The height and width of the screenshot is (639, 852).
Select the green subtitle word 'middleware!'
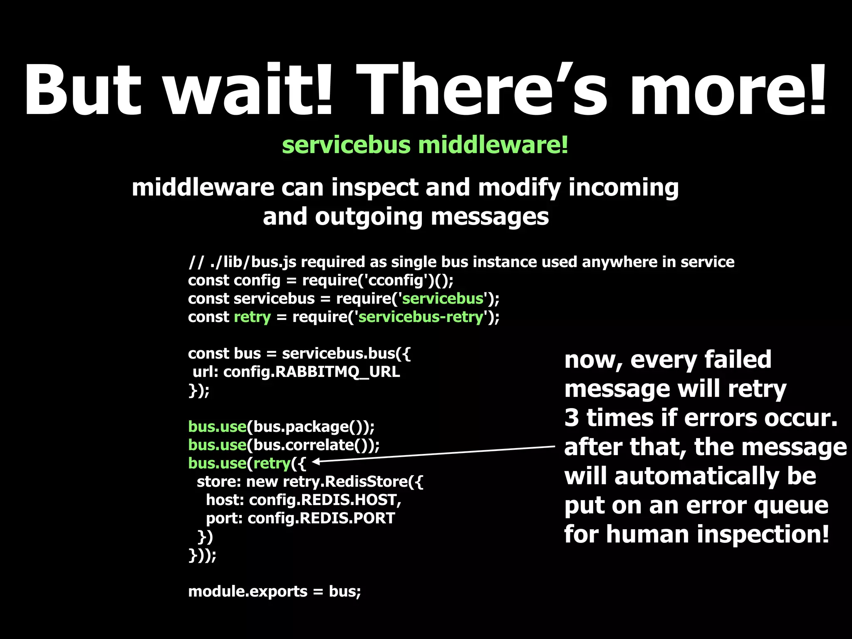[x=493, y=145]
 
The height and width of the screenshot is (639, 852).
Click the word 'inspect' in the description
[x=374, y=188]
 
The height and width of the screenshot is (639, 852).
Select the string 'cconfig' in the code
[x=396, y=280]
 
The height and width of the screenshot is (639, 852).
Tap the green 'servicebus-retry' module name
[x=421, y=317]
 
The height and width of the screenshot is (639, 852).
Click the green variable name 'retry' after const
[x=252, y=317]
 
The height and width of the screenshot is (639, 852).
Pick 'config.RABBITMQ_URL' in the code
[x=312, y=372]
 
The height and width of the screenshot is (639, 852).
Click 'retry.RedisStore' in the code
[x=345, y=482]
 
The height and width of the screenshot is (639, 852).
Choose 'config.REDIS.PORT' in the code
[x=321, y=518]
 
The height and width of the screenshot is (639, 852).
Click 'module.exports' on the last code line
[x=248, y=592]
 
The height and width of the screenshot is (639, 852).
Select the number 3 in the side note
[x=572, y=418]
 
